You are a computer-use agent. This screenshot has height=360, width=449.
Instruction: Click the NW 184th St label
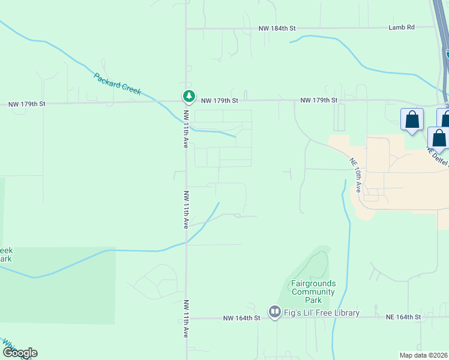coord(277,28)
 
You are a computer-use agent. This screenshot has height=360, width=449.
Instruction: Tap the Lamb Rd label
coord(402,28)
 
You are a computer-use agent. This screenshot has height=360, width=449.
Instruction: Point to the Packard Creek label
coord(117,83)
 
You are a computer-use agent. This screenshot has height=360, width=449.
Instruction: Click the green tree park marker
coord(188,96)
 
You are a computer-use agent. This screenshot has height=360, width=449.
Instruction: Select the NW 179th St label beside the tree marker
coord(220,100)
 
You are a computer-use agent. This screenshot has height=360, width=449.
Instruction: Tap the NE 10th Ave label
coord(355,175)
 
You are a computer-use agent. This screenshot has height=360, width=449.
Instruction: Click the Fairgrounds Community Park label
coord(313,292)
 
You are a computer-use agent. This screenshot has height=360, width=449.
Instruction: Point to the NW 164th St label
coord(241,317)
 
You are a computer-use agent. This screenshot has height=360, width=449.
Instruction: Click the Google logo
coord(19,352)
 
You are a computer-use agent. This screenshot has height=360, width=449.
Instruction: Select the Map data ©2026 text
coord(424,355)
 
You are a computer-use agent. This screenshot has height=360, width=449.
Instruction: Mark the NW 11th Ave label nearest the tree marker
coord(186,129)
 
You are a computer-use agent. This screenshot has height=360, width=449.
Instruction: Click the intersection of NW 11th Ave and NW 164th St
coord(186,318)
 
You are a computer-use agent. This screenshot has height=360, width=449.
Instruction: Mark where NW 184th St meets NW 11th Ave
coord(186,28)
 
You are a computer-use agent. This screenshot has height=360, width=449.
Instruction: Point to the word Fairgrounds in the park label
coord(313,283)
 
